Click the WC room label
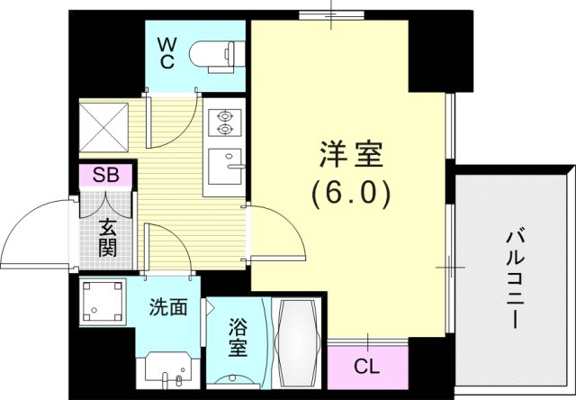(168, 53)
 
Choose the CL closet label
(365, 366)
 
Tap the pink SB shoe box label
(106, 175)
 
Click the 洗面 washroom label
(168, 308)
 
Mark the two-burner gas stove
(222, 123)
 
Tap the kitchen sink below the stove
(224, 168)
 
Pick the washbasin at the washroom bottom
(166, 367)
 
